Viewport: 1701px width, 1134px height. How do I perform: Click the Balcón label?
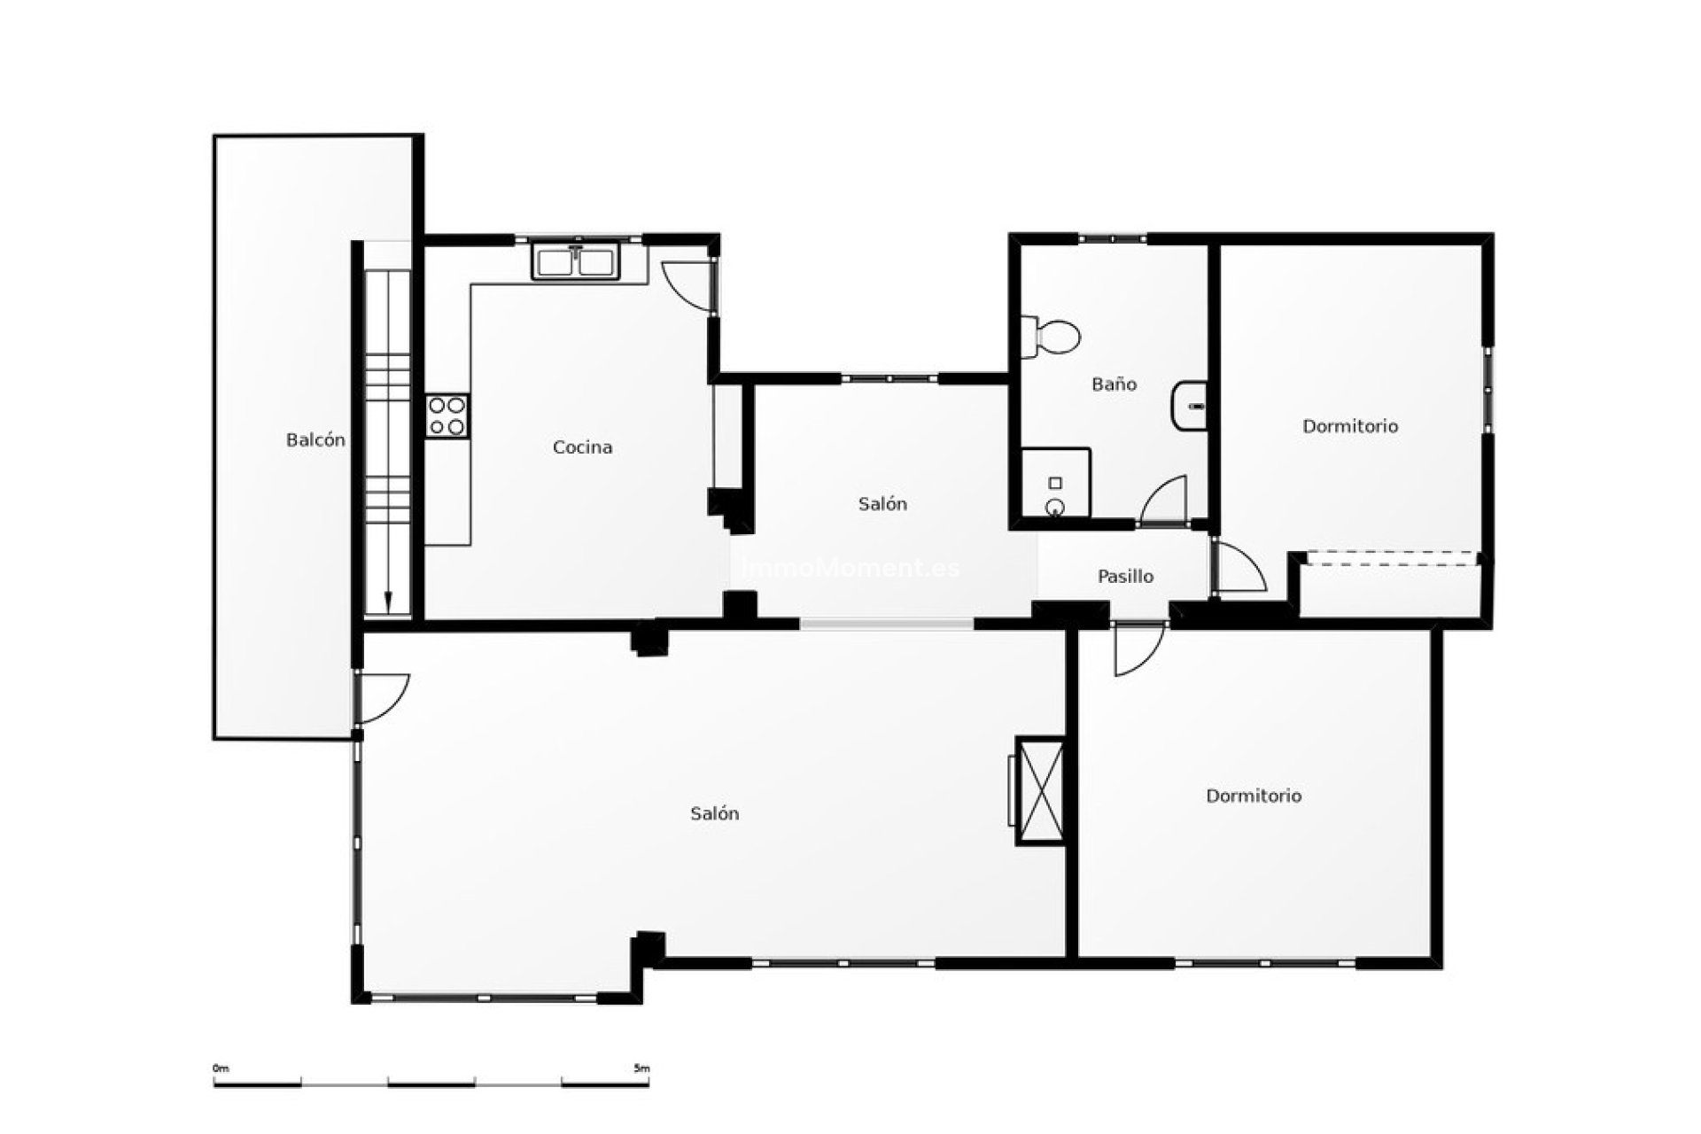(315, 440)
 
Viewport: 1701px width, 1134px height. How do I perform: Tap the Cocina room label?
(582, 447)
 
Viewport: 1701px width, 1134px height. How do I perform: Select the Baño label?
(1114, 384)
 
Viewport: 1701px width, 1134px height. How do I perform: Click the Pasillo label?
(1125, 577)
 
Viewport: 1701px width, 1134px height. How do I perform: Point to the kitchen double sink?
(576, 263)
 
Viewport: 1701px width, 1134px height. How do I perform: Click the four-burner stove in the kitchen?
(447, 416)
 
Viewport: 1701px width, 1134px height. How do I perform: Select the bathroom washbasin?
(1190, 406)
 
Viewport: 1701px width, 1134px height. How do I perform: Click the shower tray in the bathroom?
(1054, 484)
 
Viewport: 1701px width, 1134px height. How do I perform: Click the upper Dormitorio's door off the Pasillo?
(1240, 569)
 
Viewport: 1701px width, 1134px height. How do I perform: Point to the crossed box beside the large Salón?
(1040, 791)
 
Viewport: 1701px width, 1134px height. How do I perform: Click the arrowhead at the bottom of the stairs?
(388, 602)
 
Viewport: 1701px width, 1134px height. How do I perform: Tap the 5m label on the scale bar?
(641, 1068)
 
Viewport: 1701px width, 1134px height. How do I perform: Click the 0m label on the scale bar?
(221, 1068)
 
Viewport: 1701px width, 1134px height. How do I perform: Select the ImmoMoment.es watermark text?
(850, 568)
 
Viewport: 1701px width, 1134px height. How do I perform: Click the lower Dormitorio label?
(1254, 796)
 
